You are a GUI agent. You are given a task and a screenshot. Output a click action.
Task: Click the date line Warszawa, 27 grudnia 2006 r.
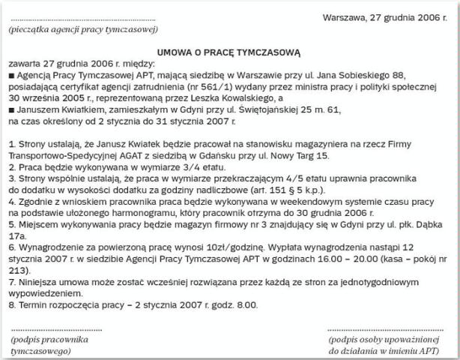pos(387,16)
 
